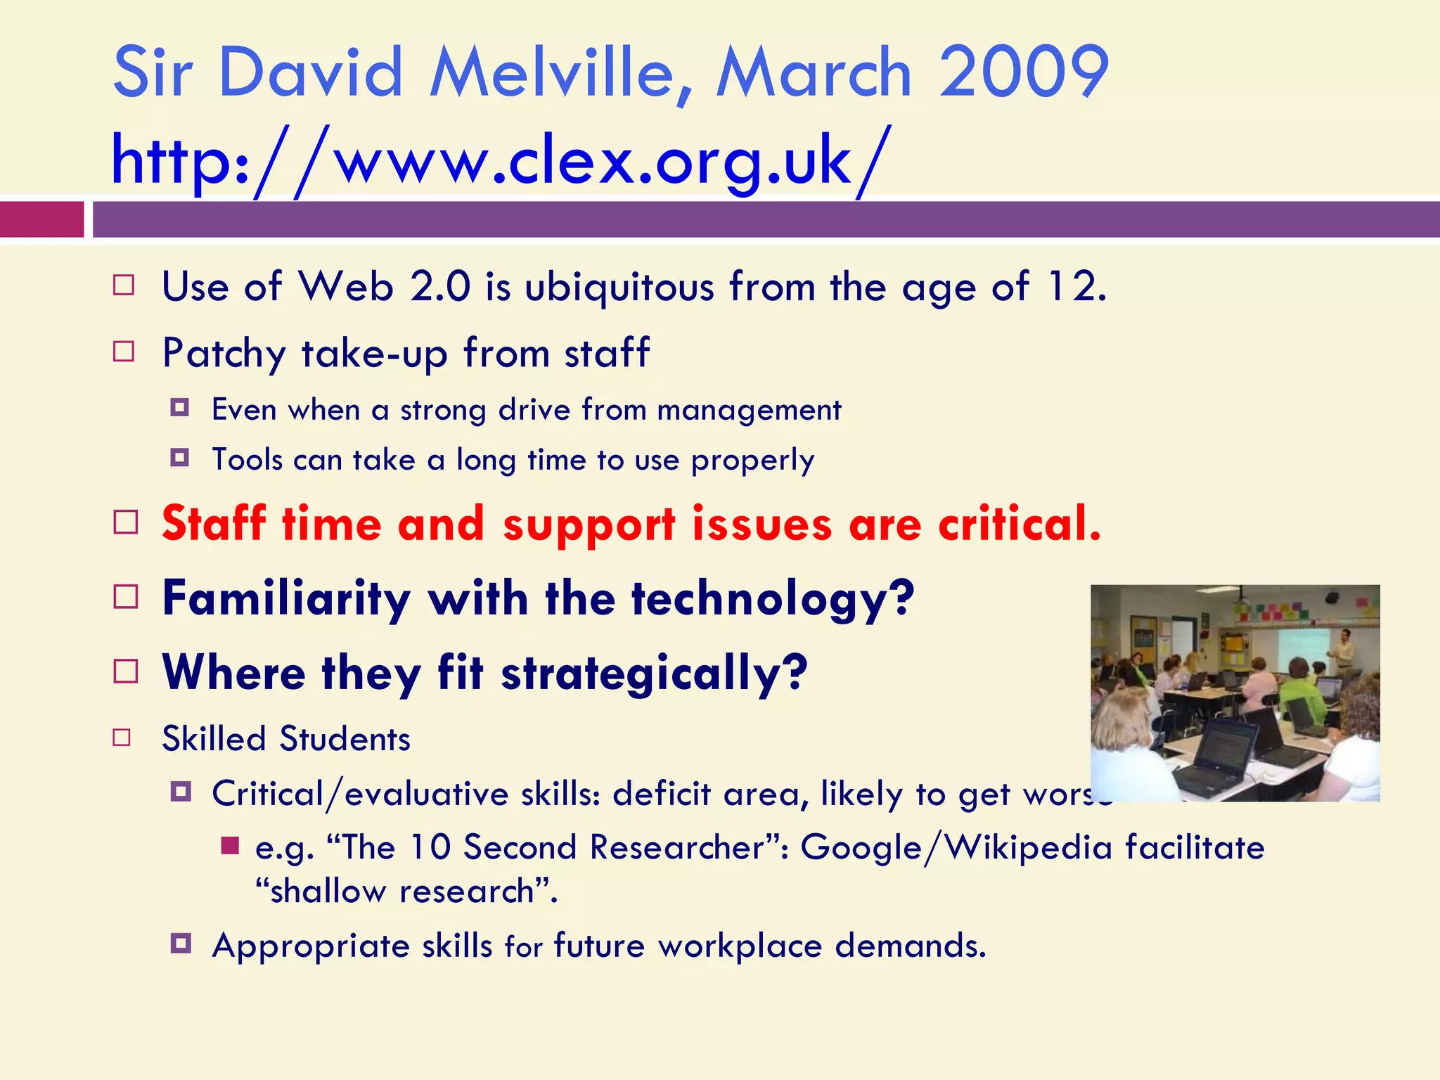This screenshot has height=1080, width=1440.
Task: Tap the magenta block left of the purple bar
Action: tap(41, 219)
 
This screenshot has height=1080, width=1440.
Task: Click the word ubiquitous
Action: tap(619, 288)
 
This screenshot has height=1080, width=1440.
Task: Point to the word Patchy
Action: tap(224, 353)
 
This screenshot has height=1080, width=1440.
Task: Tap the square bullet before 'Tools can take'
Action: tap(180, 458)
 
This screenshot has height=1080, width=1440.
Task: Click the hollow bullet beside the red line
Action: tap(126, 522)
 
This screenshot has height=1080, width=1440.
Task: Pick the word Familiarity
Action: tap(286, 599)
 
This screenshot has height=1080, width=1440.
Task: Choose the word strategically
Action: tap(654, 673)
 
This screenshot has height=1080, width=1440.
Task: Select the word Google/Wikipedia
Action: tap(956, 847)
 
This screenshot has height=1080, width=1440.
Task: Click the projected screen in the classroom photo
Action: tap(1301, 650)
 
